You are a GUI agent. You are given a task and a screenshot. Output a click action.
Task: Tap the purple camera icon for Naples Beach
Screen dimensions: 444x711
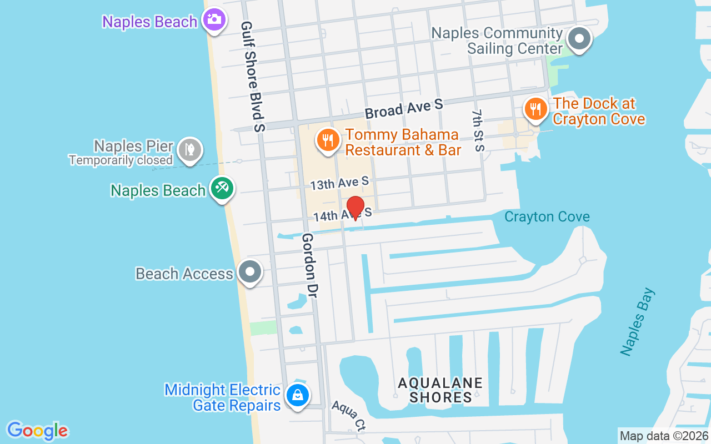(213, 20)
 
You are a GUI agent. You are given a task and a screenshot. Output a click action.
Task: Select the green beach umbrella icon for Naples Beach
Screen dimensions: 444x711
(222, 188)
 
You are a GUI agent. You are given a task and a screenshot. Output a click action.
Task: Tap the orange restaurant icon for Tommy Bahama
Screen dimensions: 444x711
(328, 139)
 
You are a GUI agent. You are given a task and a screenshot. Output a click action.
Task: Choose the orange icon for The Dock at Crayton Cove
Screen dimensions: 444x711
(535, 108)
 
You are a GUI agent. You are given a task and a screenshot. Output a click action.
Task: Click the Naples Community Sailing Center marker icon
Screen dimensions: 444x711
(580, 39)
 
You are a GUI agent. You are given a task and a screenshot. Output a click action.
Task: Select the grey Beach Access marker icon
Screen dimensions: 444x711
(249, 272)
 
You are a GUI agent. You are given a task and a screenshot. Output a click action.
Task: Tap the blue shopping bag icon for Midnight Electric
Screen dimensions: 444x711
(298, 396)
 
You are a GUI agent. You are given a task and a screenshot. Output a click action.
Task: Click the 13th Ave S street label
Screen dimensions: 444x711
(339, 182)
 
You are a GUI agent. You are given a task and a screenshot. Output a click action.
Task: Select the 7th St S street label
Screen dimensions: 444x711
(478, 130)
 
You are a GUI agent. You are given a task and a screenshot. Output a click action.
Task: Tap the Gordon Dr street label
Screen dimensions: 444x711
(309, 265)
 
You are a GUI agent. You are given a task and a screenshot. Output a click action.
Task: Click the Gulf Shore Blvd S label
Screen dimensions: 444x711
(253, 77)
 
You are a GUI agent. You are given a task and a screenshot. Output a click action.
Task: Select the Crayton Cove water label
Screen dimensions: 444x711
(547, 216)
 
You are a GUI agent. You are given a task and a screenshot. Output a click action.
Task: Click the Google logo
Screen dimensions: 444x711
(37, 430)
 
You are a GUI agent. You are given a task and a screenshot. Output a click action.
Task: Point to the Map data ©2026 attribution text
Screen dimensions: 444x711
(664, 436)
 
